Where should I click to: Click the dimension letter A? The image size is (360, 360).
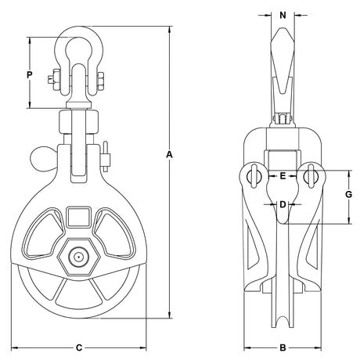[x=170, y=155]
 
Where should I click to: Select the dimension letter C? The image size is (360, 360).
[x=79, y=347]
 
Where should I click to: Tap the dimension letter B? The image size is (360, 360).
[x=283, y=347]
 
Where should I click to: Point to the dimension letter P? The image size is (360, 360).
[x=30, y=75]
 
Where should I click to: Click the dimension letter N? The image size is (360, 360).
[x=283, y=16]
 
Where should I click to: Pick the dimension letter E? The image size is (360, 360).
[x=283, y=176]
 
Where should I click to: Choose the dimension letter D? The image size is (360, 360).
[x=283, y=204]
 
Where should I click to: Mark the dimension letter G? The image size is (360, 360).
[x=348, y=194]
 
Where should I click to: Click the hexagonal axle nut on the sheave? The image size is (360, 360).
[x=78, y=257]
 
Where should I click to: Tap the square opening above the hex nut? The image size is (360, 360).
[x=79, y=217]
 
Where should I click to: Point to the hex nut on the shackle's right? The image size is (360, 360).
[x=101, y=81]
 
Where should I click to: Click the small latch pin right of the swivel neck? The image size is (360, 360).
[x=106, y=157]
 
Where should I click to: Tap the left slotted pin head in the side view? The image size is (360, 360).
[x=254, y=176]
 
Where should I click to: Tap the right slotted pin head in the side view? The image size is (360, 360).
[x=311, y=176]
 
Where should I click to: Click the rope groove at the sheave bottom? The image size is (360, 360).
[x=283, y=322]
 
